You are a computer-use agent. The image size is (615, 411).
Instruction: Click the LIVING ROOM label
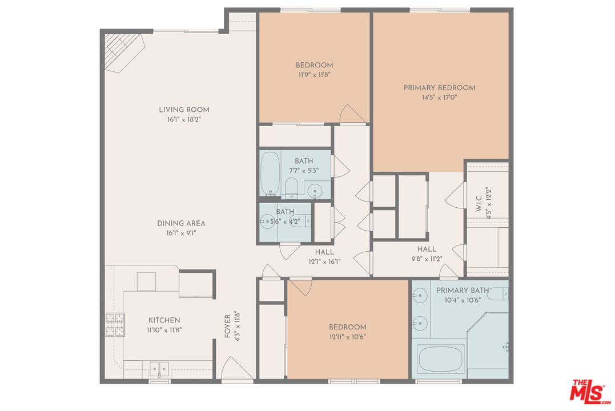click(184, 110)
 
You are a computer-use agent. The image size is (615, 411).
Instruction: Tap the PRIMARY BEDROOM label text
click(439, 88)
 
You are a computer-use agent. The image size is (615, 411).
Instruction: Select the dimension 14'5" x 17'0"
click(439, 98)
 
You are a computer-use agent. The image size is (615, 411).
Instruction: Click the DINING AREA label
click(181, 223)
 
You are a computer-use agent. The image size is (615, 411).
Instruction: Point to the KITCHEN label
click(164, 320)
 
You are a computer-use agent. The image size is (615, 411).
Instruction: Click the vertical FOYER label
click(227, 326)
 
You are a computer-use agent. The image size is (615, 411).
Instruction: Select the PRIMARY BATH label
click(460, 291)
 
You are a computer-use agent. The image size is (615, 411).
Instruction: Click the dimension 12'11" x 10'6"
click(347, 337)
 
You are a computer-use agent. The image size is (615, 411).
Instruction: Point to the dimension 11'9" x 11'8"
click(314, 75)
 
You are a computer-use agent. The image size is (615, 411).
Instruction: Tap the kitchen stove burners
click(114, 325)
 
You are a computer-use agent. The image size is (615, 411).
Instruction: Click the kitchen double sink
click(158, 369)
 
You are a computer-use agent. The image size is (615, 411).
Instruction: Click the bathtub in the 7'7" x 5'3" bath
click(269, 174)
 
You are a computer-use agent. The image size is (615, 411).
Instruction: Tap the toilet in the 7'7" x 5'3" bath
click(291, 187)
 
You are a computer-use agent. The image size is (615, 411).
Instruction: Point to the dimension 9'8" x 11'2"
click(427, 259)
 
